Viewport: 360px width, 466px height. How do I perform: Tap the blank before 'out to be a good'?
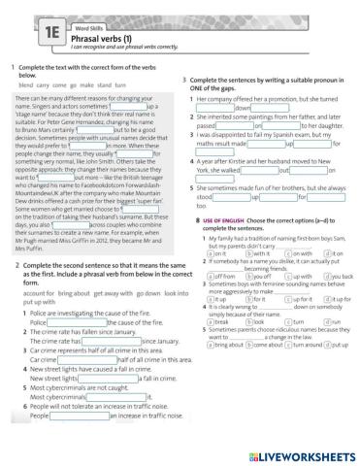[x=97, y=121]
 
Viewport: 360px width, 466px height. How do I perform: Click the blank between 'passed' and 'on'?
[x=237, y=125]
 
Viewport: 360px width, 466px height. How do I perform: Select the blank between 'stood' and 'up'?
[x=237, y=197]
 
